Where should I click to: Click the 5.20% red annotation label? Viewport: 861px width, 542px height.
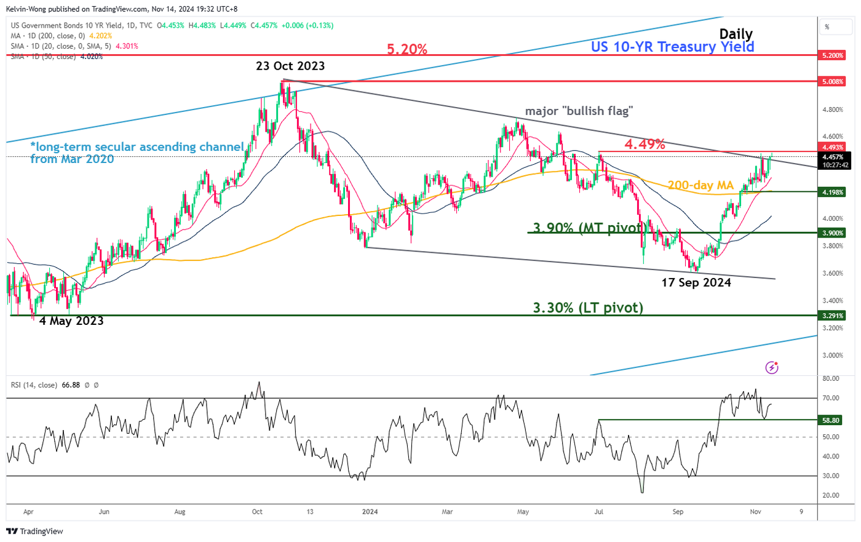pyautogui.click(x=407, y=49)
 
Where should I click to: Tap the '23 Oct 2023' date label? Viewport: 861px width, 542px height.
pyautogui.click(x=290, y=66)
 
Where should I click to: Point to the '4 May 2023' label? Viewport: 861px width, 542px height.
pyautogui.click(x=71, y=321)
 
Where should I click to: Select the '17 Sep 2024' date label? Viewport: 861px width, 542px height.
pyautogui.click(x=696, y=282)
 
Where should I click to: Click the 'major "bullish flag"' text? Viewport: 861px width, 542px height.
pyautogui.click(x=579, y=111)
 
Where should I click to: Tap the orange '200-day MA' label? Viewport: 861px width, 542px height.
pyautogui.click(x=700, y=185)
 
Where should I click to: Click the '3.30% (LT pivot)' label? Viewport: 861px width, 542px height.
pyautogui.click(x=588, y=308)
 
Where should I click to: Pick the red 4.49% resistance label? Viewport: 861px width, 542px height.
pyautogui.click(x=645, y=144)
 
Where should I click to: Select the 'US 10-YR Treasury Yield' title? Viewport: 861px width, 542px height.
pyautogui.click(x=672, y=47)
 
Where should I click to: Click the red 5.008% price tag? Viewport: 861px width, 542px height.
pyautogui.click(x=833, y=81)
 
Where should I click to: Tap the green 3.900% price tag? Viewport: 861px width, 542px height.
pyautogui.click(x=833, y=233)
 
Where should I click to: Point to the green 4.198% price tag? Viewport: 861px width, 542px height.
pyautogui.click(x=833, y=193)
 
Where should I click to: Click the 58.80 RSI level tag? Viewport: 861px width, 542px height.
pyautogui.click(x=830, y=420)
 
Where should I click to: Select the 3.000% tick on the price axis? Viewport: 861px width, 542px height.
pyautogui.click(x=833, y=356)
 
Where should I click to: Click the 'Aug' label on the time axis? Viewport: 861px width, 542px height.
pyautogui.click(x=180, y=512)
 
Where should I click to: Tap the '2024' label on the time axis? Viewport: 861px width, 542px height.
pyautogui.click(x=370, y=512)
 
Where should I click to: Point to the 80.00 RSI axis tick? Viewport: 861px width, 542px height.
pyautogui.click(x=830, y=379)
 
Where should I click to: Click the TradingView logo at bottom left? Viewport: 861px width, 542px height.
pyautogui.click(x=34, y=531)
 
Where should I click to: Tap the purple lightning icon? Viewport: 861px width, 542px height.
pyautogui.click(x=772, y=368)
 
